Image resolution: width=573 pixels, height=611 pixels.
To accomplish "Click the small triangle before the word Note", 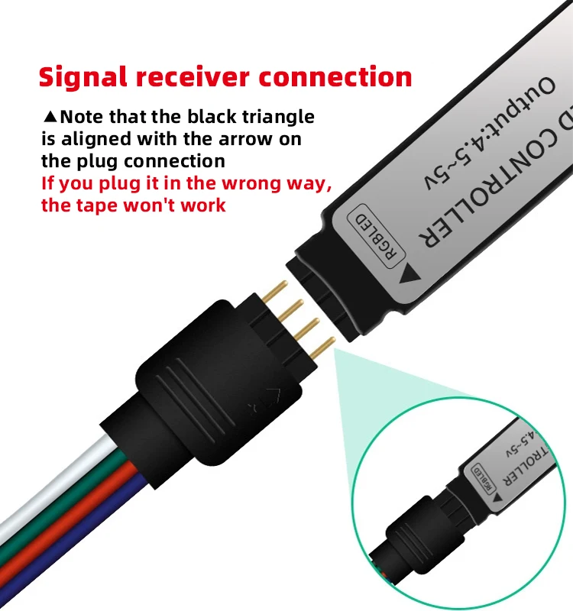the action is coord(50,118).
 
